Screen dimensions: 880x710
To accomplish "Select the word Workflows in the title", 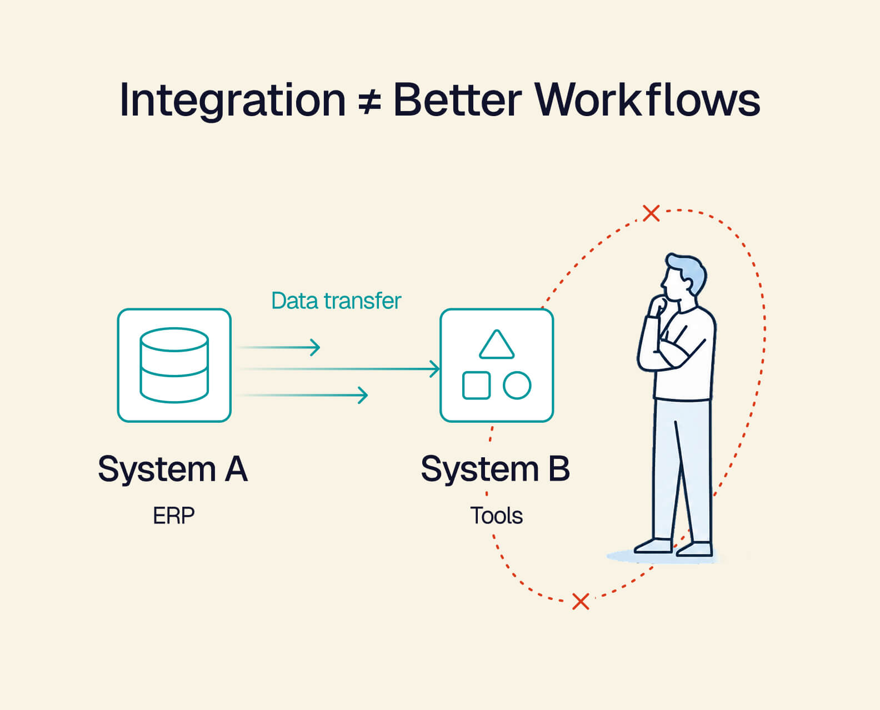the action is pos(647,99).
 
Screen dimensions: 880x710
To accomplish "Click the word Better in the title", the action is pos(457,100).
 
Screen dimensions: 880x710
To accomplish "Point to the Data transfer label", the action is pos(336,301).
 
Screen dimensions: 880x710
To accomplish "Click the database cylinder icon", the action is pos(174,365).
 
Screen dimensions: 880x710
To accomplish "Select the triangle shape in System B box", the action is pos(497,344).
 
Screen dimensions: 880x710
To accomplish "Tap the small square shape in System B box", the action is pos(476,385).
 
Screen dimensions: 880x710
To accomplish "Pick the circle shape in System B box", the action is pos(517,385).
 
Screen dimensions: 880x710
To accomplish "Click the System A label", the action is pos(173,469).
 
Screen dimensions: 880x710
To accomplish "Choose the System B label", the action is pos(495,469).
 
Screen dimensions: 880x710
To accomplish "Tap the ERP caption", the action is pos(174,516).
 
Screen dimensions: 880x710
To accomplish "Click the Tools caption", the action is pos(497,516).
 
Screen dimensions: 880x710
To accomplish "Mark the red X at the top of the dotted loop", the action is pos(651,213).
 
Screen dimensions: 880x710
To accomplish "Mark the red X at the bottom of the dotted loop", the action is pos(581,602).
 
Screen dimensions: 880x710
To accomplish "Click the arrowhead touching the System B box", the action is pos(435,369).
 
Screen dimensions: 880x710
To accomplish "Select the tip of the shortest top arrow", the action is pos(319,347).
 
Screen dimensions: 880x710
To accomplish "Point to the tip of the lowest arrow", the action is pos(367,395).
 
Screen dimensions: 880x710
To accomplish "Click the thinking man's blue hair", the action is pos(688,271).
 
